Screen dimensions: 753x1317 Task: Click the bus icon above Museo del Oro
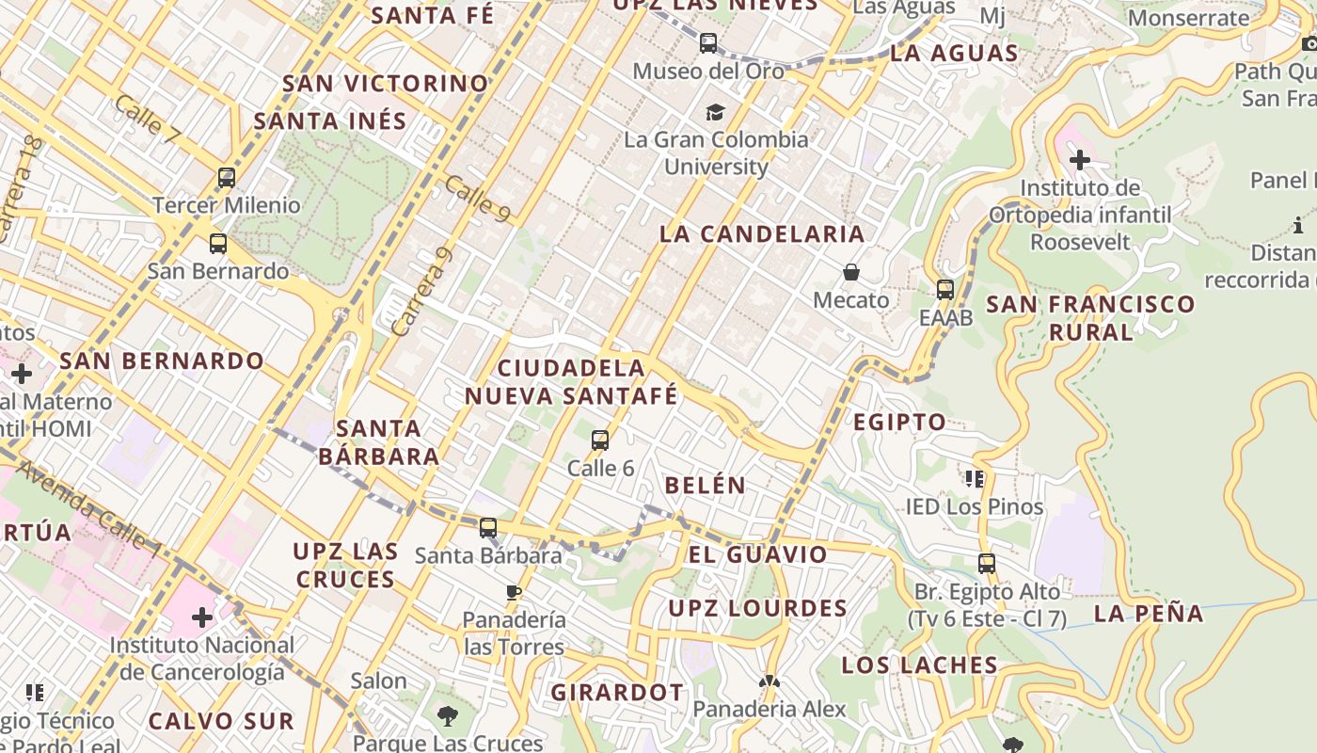point(708,43)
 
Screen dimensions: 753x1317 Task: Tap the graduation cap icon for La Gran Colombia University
point(716,112)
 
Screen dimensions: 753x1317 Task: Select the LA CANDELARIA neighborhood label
point(762,234)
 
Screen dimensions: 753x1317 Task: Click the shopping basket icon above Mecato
point(851,272)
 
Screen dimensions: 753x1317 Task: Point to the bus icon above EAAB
point(945,290)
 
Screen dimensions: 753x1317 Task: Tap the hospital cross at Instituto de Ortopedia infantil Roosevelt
point(1079,160)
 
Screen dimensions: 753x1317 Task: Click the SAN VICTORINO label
point(386,84)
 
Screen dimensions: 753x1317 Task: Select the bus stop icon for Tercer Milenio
point(226,177)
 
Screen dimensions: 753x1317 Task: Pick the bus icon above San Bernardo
point(218,244)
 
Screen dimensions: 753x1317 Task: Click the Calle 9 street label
point(478,200)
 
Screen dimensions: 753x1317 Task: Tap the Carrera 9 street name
point(421,293)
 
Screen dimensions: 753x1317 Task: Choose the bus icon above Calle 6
point(600,440)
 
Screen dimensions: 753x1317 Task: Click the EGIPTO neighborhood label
point(899,423)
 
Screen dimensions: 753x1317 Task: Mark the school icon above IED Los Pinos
point(975,479)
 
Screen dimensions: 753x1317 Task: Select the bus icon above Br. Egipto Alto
point(986,564)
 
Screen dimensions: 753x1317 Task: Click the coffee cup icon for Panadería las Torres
point(514,592)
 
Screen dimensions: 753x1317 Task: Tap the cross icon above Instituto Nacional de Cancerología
point(202,617)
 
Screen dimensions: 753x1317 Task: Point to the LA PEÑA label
point(1149,614)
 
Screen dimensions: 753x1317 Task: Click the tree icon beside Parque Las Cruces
point(448,717)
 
